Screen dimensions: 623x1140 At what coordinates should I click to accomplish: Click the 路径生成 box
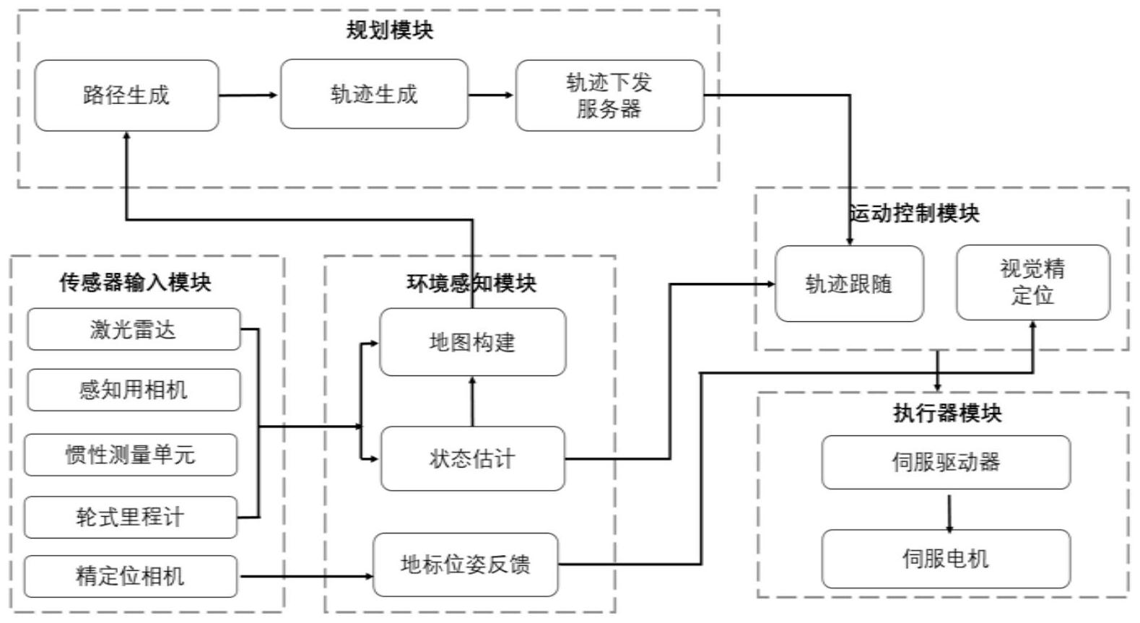coord(126,95)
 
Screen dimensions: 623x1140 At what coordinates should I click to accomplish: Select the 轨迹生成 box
coord(374,95)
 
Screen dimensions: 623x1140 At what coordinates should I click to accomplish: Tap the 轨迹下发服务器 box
coord(609,95)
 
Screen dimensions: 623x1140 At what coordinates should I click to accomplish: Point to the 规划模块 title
coord(389,30)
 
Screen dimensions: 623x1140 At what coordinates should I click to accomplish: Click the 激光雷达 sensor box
coord(134,330)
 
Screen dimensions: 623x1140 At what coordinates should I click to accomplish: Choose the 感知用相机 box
coord(134,390)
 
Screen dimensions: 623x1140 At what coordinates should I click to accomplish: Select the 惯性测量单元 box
coord(131,455)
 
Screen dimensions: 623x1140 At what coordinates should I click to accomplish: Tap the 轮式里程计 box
coord(131,517)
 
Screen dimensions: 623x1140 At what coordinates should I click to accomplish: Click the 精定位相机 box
coord(131,576)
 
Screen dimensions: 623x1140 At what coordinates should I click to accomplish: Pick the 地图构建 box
coord(472,342)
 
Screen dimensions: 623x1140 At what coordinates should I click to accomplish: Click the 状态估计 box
coord(472,458)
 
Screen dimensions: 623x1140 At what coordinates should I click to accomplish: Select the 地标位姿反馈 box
coord(466,565)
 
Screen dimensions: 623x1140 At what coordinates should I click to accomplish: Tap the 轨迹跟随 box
coord(849,284)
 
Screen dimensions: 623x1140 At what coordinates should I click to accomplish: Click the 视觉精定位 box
coord(1032,282)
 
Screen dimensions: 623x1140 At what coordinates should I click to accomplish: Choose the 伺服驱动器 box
coord(946,462)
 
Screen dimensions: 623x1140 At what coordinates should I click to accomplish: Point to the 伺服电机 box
coord(946,559)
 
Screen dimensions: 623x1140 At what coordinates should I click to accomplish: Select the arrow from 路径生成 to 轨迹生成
coord(248,95)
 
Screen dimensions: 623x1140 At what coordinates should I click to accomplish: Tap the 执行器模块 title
coord(947,413)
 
